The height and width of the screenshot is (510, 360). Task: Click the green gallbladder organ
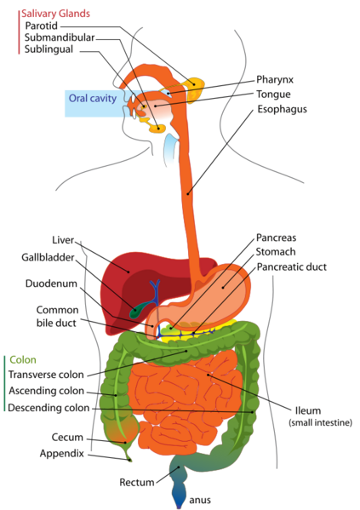138,310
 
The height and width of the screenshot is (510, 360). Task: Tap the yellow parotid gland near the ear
195,89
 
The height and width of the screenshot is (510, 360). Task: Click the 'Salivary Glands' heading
55,14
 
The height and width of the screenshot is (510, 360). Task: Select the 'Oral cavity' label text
93,98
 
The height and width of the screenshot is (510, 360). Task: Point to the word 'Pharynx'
275,80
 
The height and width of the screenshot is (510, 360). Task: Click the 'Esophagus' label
282,109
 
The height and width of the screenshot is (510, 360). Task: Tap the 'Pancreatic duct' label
292,267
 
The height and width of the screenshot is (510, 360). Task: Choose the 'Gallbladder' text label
49,257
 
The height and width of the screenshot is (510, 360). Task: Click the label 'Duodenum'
51,284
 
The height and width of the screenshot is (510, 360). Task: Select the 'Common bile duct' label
57,316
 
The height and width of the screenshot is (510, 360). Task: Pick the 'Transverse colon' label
46,375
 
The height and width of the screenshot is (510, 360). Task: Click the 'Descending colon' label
49,408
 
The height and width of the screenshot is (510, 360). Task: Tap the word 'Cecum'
67,438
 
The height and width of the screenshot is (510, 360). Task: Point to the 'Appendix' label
62,454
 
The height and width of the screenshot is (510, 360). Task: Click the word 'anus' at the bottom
200,501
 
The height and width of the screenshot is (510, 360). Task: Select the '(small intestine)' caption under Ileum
320,422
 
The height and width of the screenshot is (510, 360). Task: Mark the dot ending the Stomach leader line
223,287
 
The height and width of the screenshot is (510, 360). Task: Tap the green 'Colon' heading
23,360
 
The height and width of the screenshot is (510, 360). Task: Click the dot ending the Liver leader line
129,272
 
